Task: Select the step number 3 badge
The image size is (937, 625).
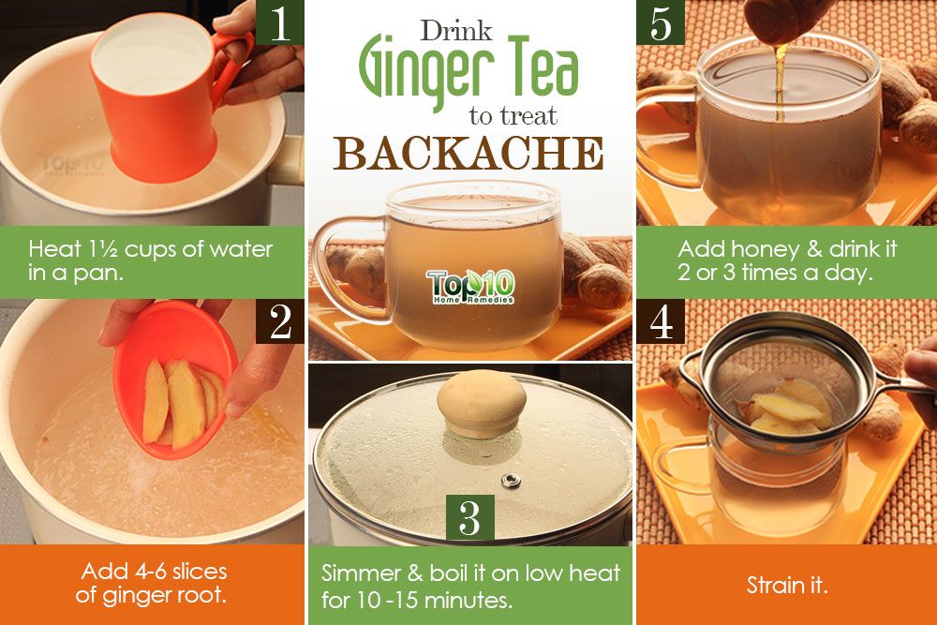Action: (469, 517)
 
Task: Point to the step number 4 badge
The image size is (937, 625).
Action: (661, 321)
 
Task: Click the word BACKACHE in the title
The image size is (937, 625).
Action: (468, 154)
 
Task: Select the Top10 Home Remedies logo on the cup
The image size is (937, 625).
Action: (469, 287)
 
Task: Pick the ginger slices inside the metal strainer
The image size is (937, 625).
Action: (782, 408)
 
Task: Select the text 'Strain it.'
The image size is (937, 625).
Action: (787, 586)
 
